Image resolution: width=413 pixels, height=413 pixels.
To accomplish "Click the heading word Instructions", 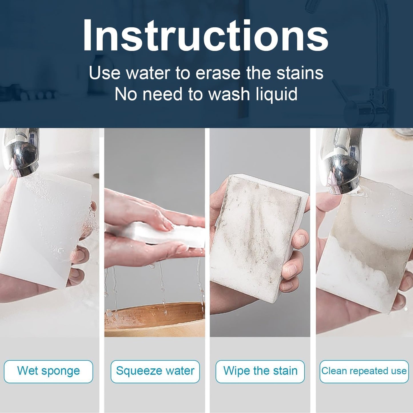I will [205, 35].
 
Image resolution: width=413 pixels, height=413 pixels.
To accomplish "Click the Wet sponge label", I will [48, 371].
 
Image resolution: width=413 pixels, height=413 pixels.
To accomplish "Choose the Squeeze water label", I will [155, 371].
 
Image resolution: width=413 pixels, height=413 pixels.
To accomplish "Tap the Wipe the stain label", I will [260, 371].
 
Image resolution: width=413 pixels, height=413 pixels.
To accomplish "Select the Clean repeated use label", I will [364, 371].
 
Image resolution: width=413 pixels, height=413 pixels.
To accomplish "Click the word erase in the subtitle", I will [218, 73].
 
